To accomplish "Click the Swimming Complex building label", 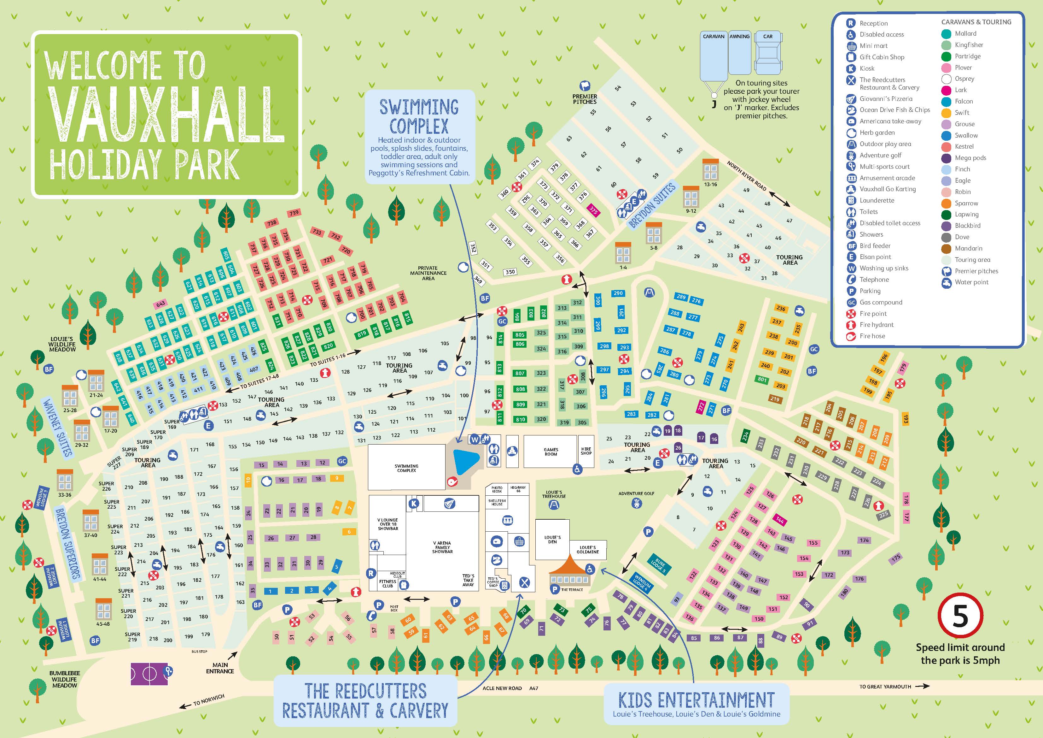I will [x=406, y=468].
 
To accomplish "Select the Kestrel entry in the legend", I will [x=964, y=146].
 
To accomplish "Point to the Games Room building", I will [x=551, y=452].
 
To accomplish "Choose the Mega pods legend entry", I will [x=970, y=158].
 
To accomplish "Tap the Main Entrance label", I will [x=220, y=668].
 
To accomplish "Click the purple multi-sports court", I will [x=149, y=673].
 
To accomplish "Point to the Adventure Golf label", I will [x=636, y=493].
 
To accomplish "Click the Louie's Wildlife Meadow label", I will [x=62, y=344].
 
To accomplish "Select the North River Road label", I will [x=746, y=176].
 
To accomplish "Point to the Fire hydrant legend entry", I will [x=876, y=325].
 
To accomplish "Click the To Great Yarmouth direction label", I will [x=885, y=687].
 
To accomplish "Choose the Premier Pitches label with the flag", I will [x=585, y=99].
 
